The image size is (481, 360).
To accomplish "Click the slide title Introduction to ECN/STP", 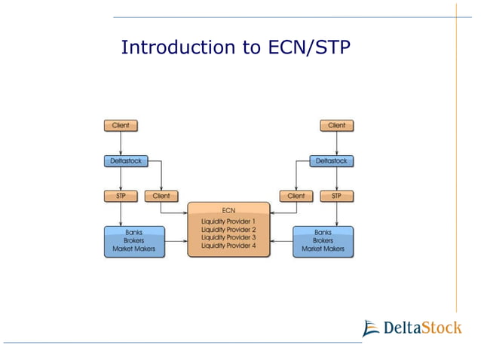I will pos(235,48).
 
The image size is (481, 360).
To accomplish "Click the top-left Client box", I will pos(121,125).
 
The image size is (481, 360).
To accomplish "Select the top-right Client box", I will pos(336,125).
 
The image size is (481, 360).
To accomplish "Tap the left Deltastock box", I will pos(124,160).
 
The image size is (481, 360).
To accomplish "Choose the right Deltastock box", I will pos(332,160).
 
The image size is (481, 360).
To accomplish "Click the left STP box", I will pos(121,196).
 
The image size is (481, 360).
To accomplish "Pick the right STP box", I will pos(336,196).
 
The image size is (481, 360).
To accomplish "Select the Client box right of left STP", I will pos(161,196).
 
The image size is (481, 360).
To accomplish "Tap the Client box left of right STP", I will pos(296,196).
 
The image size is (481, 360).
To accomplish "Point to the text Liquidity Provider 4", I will pos(228,246).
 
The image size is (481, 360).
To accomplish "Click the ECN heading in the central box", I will pos(228,209).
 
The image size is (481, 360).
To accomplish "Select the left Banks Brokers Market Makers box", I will pos(134,241).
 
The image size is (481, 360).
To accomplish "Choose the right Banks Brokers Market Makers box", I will pos(323,241).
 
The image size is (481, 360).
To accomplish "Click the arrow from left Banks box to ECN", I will pos(176,241).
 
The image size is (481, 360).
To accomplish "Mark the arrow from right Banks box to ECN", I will pos(281,241).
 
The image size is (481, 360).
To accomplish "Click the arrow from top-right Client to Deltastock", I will pos(336,142).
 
